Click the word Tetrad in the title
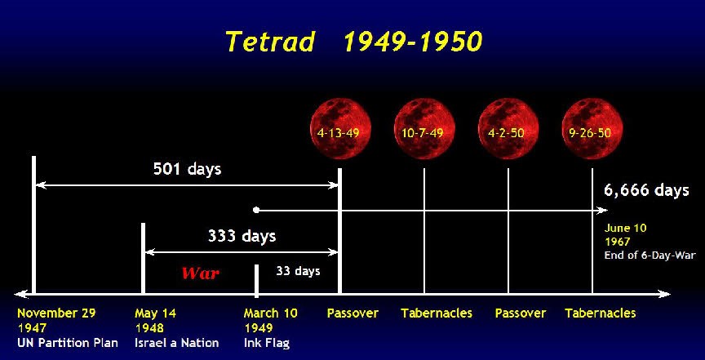pos(270,42)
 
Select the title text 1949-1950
pos(413,42)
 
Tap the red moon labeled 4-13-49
pos(341,129)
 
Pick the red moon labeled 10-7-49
pos(424,129)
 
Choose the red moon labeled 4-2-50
pos(508,129)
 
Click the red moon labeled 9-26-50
pos(592,129)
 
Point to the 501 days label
pos(188,169)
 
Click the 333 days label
pos(242,236)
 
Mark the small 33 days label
pos(298,271)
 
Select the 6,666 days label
pos(646,190)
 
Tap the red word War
pos(201,273)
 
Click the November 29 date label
pos(56,313)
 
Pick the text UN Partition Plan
pos(68,343)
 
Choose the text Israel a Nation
pos(177,343)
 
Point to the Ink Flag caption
pos(267,343)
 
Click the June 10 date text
pos(625,228)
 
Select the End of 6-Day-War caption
pos(650,256)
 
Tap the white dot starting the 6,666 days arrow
pos(256,210)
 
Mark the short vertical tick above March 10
pos(256,281)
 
